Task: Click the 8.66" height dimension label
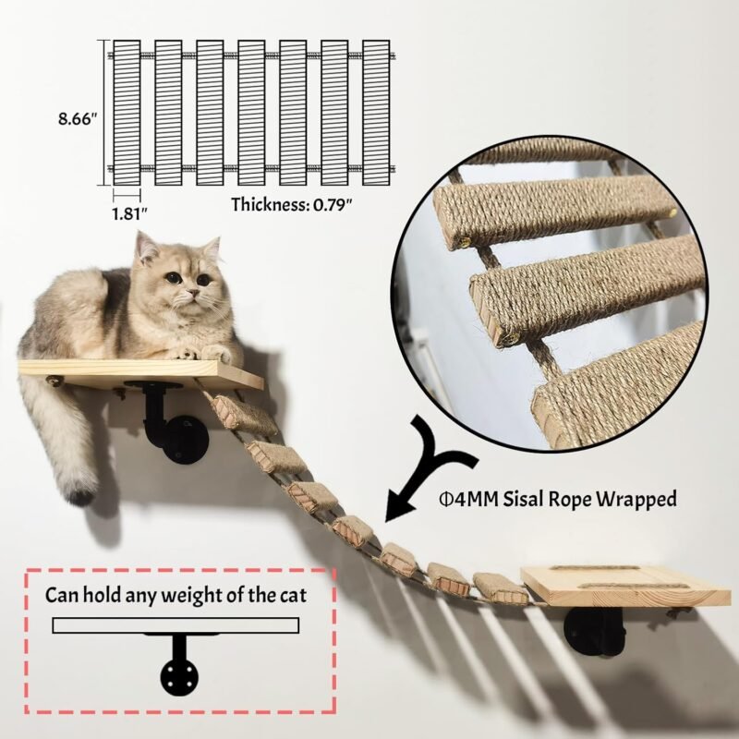(x=78, y=119)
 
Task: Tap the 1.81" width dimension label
(x=129, y=213)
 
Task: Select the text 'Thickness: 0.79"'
(x=292, y=204)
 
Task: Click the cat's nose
(x=192, y=294)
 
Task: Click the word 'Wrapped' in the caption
(x=636, y=500)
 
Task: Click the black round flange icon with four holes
(x=179, y=677)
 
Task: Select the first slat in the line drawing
(x=127, y=113)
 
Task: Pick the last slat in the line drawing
(x=376, y=113)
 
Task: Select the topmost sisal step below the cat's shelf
(x=243, y=415)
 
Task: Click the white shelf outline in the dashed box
(x=176, y=625)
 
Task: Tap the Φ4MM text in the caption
(x=468, y=499)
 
